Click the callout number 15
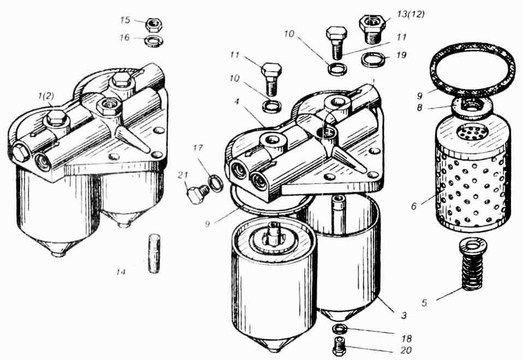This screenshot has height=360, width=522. coord(125,20)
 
